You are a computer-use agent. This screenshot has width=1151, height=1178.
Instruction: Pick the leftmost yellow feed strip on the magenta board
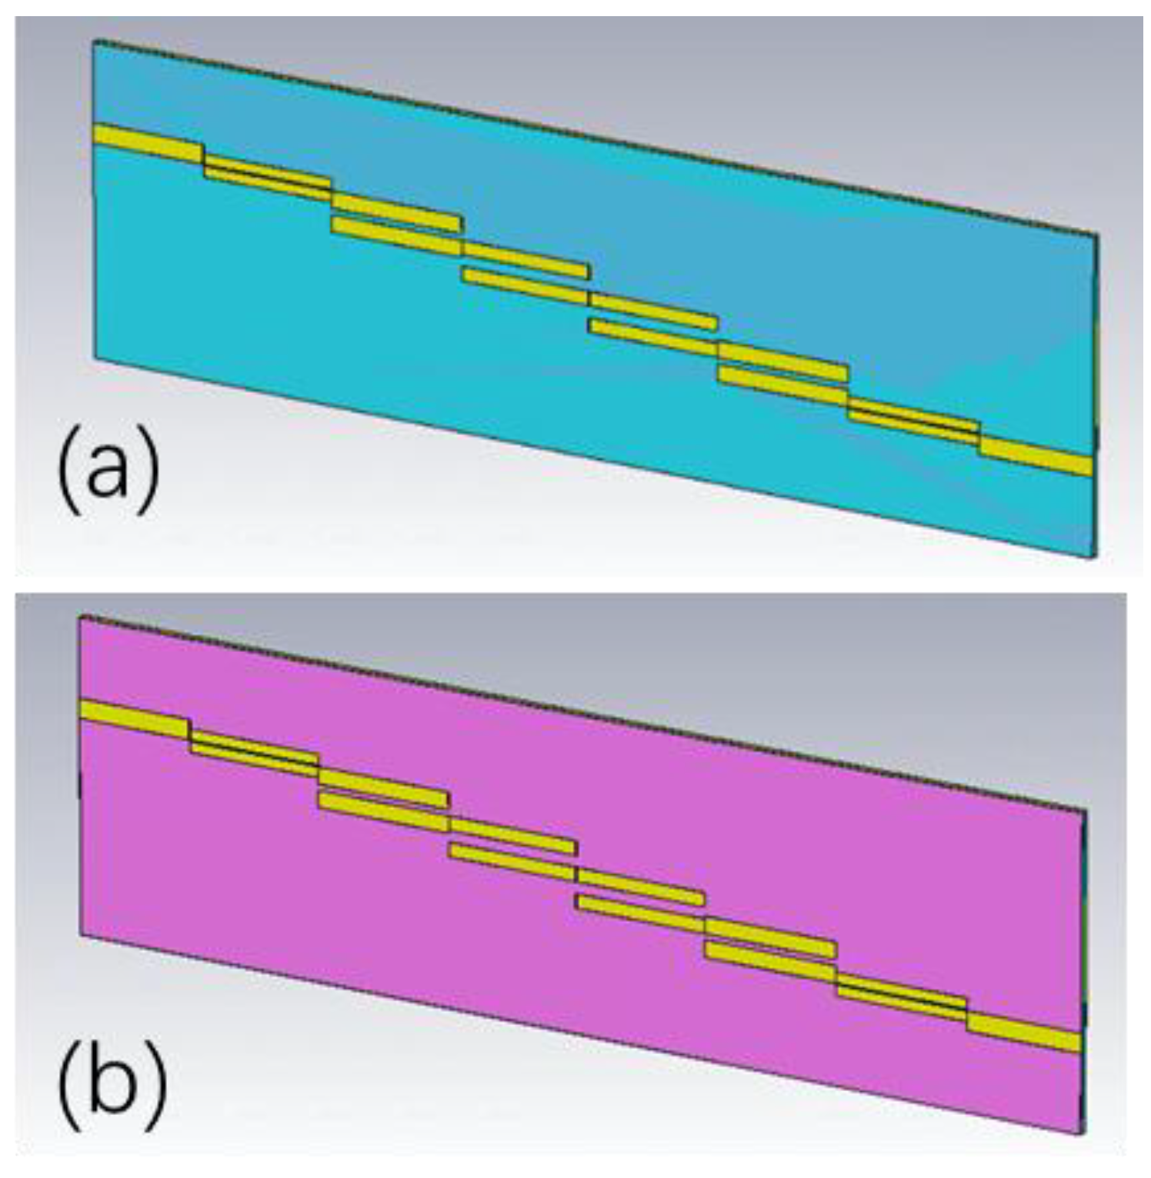tap(135, 717)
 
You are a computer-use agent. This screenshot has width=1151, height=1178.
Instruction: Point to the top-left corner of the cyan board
tap(94, 42)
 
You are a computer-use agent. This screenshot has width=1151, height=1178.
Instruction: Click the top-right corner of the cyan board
tap(1097, 232)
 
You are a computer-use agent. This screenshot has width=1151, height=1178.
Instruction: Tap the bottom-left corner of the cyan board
tap(95, 358)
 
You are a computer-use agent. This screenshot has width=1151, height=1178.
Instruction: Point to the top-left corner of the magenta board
tap(81, 617)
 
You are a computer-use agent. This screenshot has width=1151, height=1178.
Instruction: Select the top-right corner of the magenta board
tap(1085, 810)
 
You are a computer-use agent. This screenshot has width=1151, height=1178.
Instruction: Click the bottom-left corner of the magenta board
tap(82, 935)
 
